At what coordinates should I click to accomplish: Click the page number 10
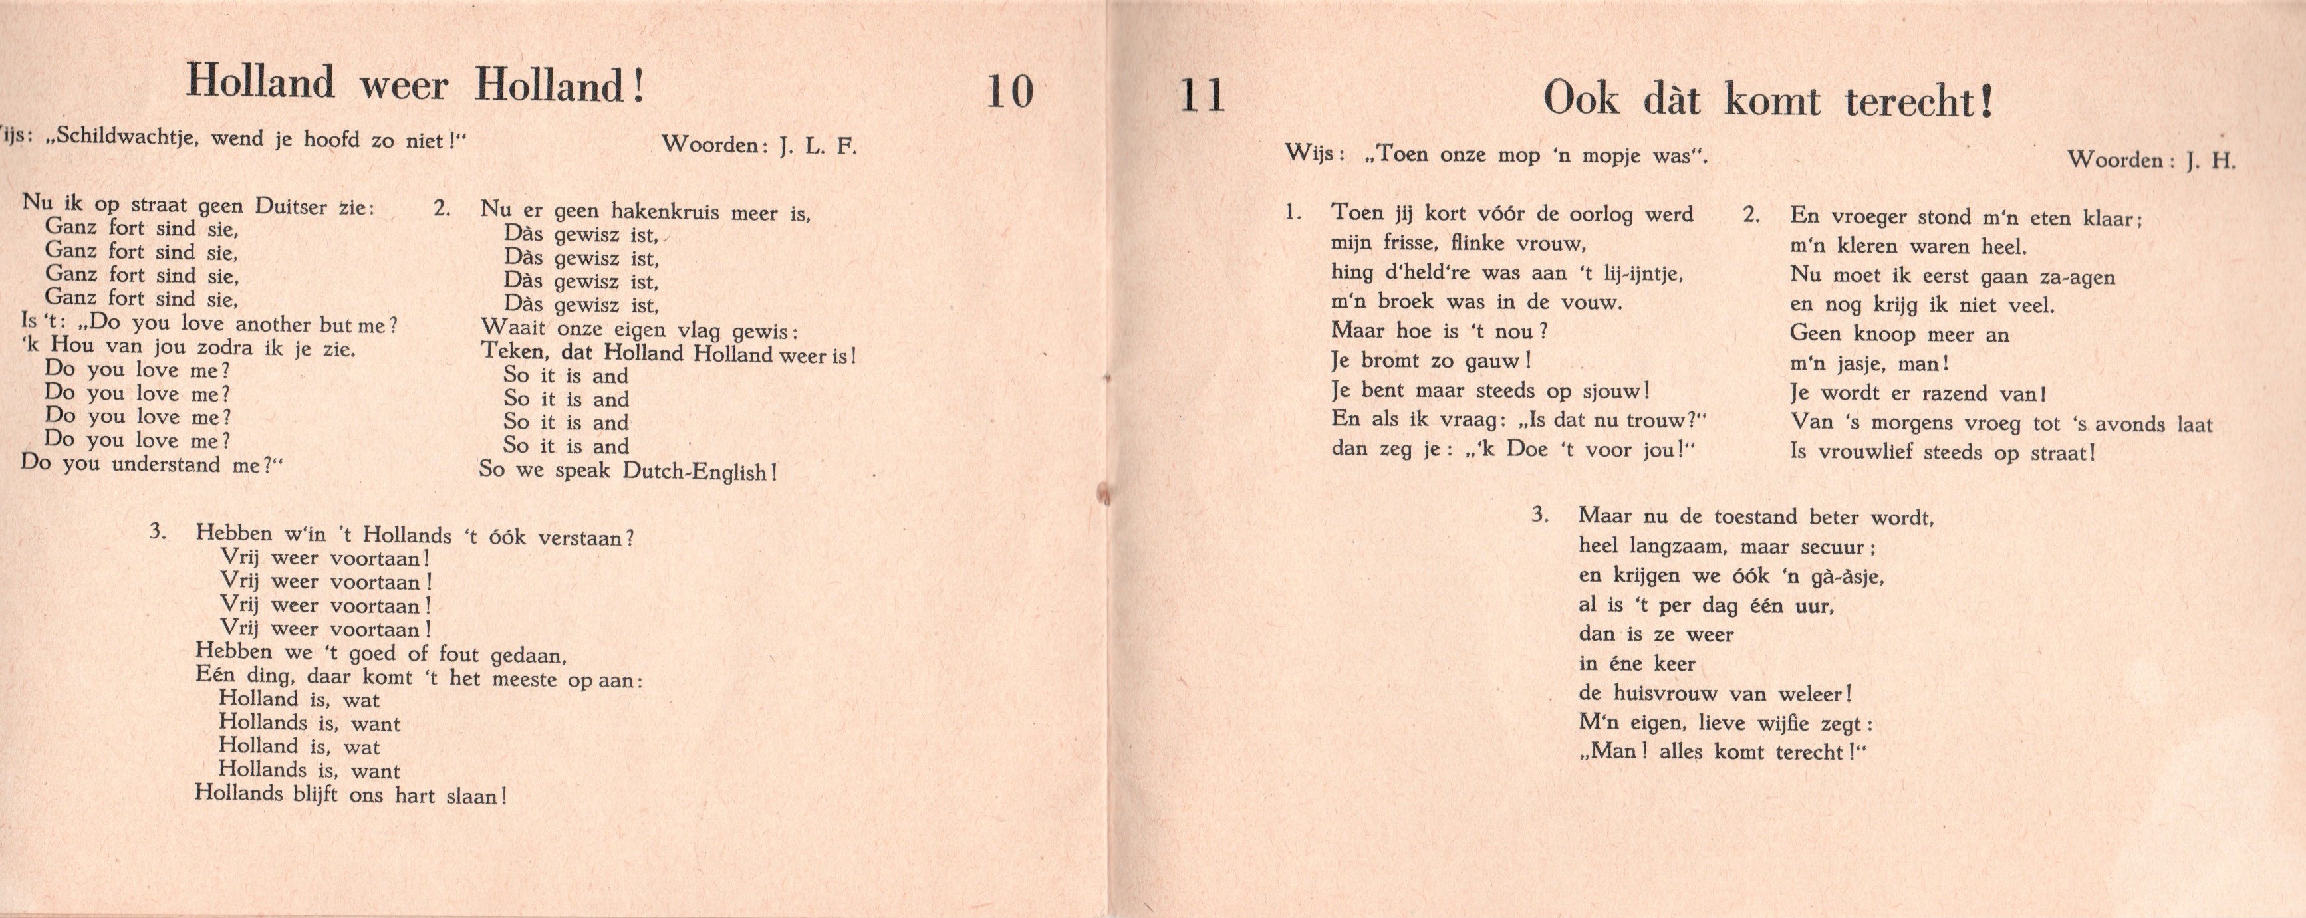coord(1010,92)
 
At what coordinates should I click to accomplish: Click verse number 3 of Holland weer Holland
coord(158,532)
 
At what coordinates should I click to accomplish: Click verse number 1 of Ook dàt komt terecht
coord(1292,213)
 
